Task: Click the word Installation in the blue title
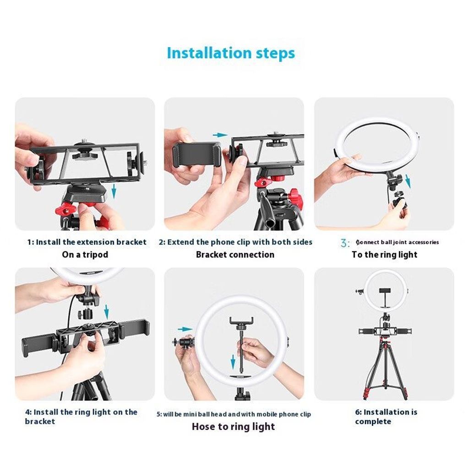(209, 53)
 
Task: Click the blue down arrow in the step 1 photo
(114, 191)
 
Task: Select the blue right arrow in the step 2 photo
(220, 135)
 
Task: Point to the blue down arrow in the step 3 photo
(408, 181)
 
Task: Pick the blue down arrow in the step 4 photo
(106, 311)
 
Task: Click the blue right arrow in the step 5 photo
(185, 329)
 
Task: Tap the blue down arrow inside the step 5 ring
(233, 362)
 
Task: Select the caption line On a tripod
(85, 255)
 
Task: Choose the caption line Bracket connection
(235, 255)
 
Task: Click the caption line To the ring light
(384, 255)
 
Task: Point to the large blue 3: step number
(345, 243)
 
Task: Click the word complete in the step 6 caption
(373, 422)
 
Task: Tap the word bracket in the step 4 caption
(40, 421)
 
